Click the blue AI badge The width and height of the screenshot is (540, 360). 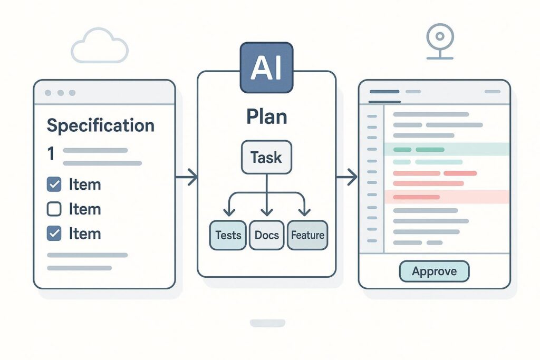(x=266, y=68)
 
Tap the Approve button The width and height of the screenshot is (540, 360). (x=433, y=271)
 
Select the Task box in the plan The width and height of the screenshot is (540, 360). (x=266, y=157)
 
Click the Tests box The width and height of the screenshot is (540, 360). (x=228, y=235)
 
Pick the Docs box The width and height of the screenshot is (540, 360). (x=266, y=235)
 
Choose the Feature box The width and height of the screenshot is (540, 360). (x=307, y=235)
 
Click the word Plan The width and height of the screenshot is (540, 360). (x=266, y=116)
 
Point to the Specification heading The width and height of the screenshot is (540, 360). (x=100, y=125)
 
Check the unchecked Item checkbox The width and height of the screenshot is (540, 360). (x=54, y=209)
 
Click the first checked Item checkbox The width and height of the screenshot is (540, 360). (x=54, y=184)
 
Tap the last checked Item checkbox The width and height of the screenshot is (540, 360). (x=54, y=233)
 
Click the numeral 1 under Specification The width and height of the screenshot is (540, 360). (x=51, y=154)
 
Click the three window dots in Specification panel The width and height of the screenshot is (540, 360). (x=60, y=93)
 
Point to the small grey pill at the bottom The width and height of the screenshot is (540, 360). (x=267, y=323)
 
